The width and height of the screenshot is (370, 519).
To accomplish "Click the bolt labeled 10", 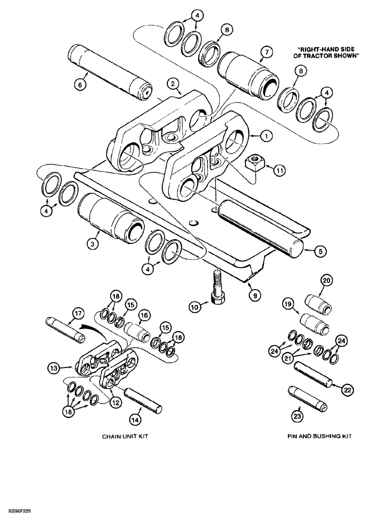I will pos(216,292).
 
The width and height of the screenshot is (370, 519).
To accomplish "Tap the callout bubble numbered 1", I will pos(265,136).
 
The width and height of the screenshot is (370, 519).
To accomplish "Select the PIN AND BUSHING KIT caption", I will pos(319,438).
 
